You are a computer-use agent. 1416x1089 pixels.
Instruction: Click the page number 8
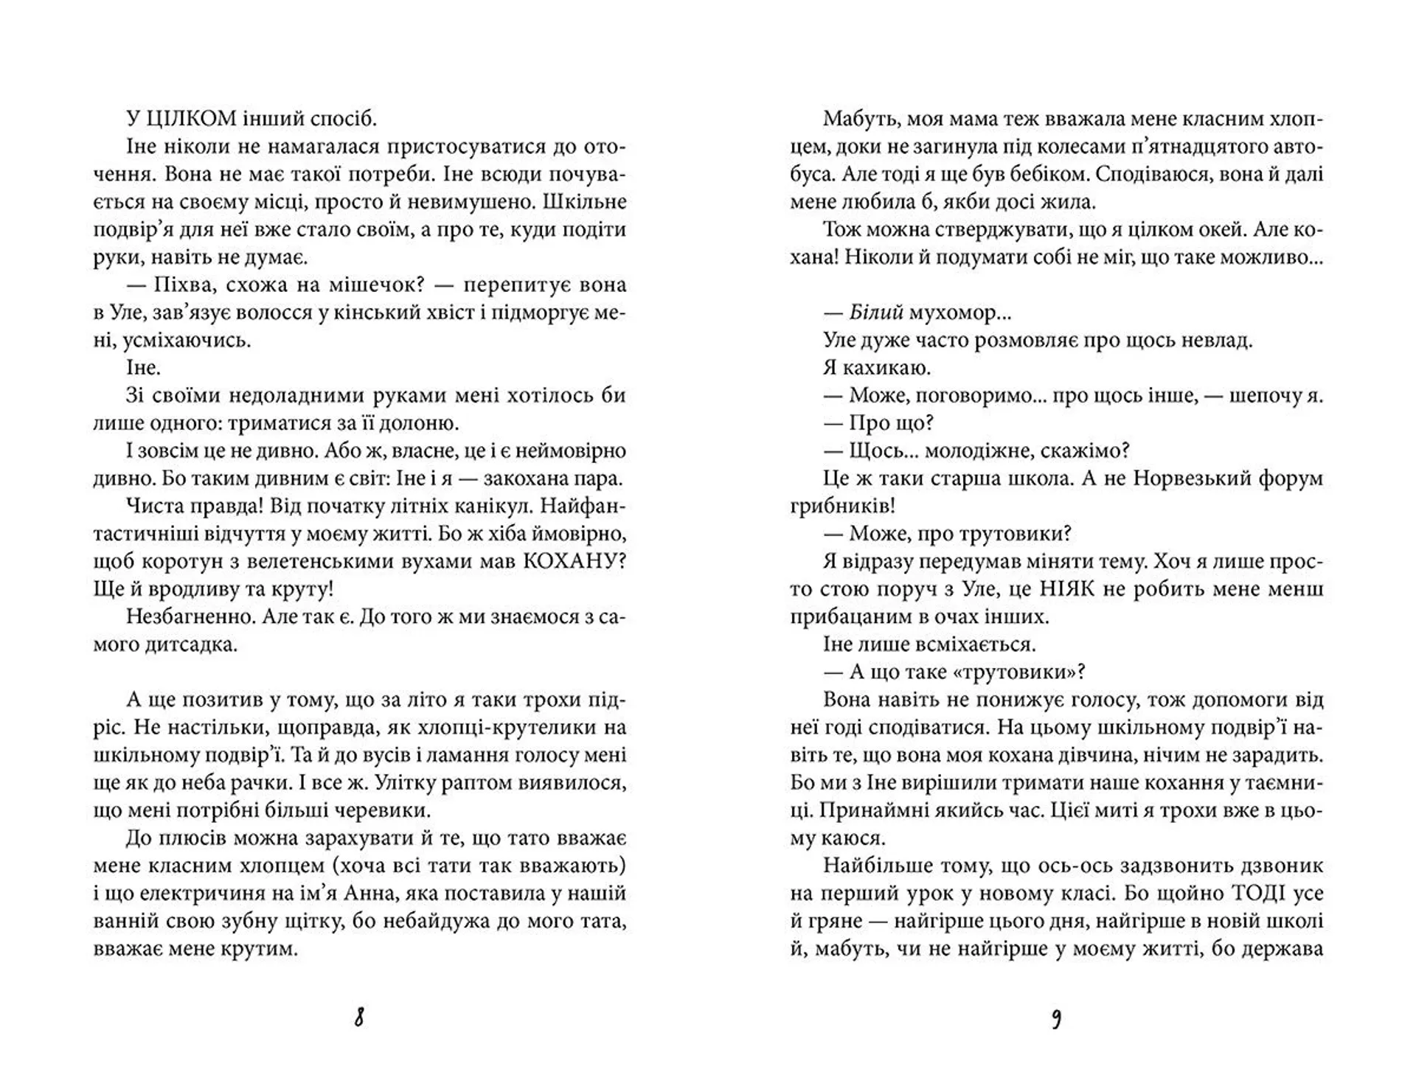click(359, 1018)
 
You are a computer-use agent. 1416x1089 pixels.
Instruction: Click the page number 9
click(1056, 1018)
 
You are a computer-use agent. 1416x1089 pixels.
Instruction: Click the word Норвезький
click(1202, 479)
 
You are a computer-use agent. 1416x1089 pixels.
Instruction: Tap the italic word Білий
click(876, 313)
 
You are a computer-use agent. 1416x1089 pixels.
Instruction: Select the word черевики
click(383, 810)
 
